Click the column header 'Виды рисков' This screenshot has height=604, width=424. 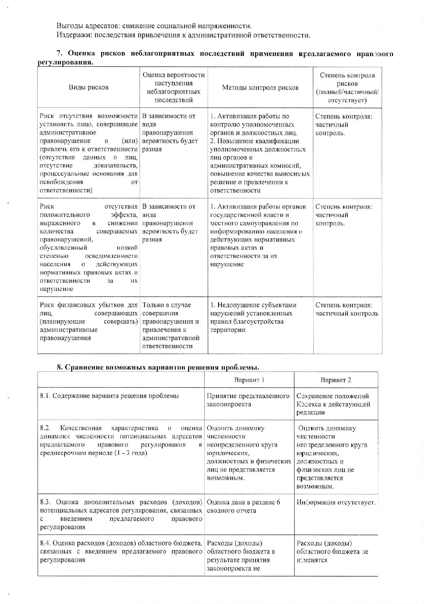[88, 87]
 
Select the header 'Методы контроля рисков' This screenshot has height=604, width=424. [260, 87]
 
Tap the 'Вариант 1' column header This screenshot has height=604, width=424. [249, 380]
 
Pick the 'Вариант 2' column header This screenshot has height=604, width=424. [336, 380]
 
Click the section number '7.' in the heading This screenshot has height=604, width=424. [59, 54]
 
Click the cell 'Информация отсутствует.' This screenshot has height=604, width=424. [336, 502]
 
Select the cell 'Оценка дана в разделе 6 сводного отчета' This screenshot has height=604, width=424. [243, 507]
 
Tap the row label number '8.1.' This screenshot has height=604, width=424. [46, 396]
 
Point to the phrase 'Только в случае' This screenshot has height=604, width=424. [166, 305]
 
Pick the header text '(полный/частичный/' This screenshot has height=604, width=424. [347, 92]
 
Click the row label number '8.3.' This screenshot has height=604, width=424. [46, 502]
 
